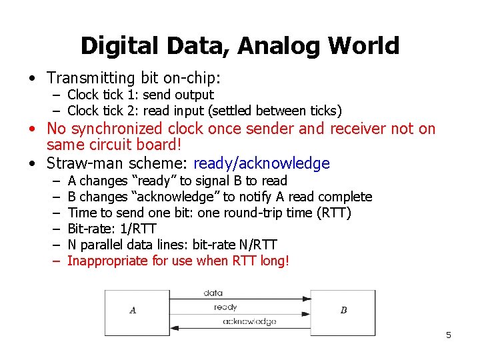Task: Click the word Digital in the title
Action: coord(119,46)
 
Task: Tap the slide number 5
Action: coord(449,335)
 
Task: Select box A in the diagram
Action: coord(133,310)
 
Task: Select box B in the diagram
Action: coord(343,310)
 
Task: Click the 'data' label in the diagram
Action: coord(213,293)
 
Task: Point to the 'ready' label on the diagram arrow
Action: coord(225,307)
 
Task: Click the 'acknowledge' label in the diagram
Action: coord(249,321)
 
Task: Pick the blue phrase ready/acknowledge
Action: coord(261,163)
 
